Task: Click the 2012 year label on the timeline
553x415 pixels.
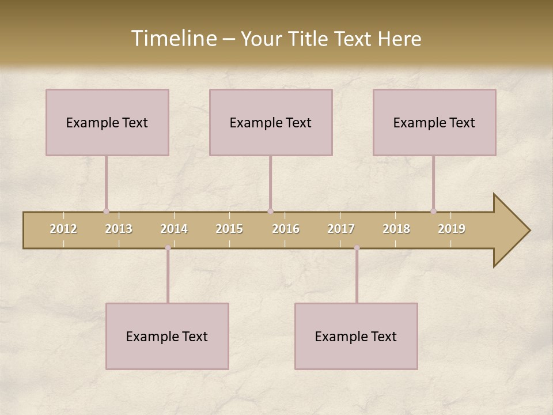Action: [x=63, y=229]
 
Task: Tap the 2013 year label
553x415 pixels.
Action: [x=119, y=229]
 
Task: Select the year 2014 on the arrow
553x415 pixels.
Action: [x=174, y=229]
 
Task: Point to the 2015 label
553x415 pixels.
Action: [x=229, y=229]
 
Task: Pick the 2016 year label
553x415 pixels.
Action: [x=286, y=229]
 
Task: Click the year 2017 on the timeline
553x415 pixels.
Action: [x=341, y=229]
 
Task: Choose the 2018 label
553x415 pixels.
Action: [x=396, y=229]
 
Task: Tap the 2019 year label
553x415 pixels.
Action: [x=452, y=229]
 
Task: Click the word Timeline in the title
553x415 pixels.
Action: [x=173, y=39]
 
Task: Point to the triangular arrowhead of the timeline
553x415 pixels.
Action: [x=510, y=231]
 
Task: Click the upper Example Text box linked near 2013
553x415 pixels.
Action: [x=107, y=122]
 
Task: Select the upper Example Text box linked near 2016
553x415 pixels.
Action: [x=271, y=122]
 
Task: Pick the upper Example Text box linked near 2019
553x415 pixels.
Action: [x=434, y=122]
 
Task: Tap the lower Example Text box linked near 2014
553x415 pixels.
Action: [x=167, y=336]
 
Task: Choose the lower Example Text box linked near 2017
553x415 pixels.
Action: [x=356, y=336]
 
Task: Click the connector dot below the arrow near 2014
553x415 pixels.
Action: [x=168, y=248]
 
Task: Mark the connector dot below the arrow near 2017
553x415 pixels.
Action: [x=357, y=248]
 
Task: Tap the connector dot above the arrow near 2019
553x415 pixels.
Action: [x=433, y=211]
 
